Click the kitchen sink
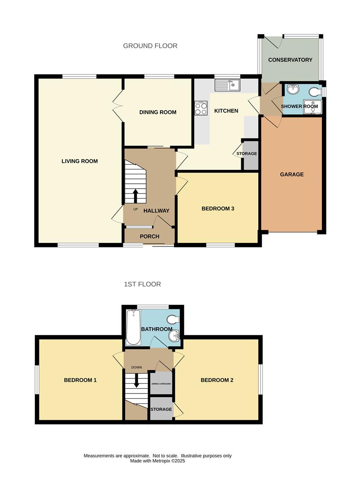click(x=228, y=84)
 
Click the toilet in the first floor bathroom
click(x=172, y=319)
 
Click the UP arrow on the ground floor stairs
click(x=135, y=195)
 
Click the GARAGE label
click(x=292, y=174)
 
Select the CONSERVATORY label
click(x=290, y=60)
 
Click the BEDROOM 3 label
click(x=218, y=208)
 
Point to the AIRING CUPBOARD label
click(x=160, y=384)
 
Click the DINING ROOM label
click(x=158, y=112)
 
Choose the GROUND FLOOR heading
click(x=150, y=46)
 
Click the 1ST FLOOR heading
click(x=143, y=284)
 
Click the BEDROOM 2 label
click(x=217, y=380)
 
